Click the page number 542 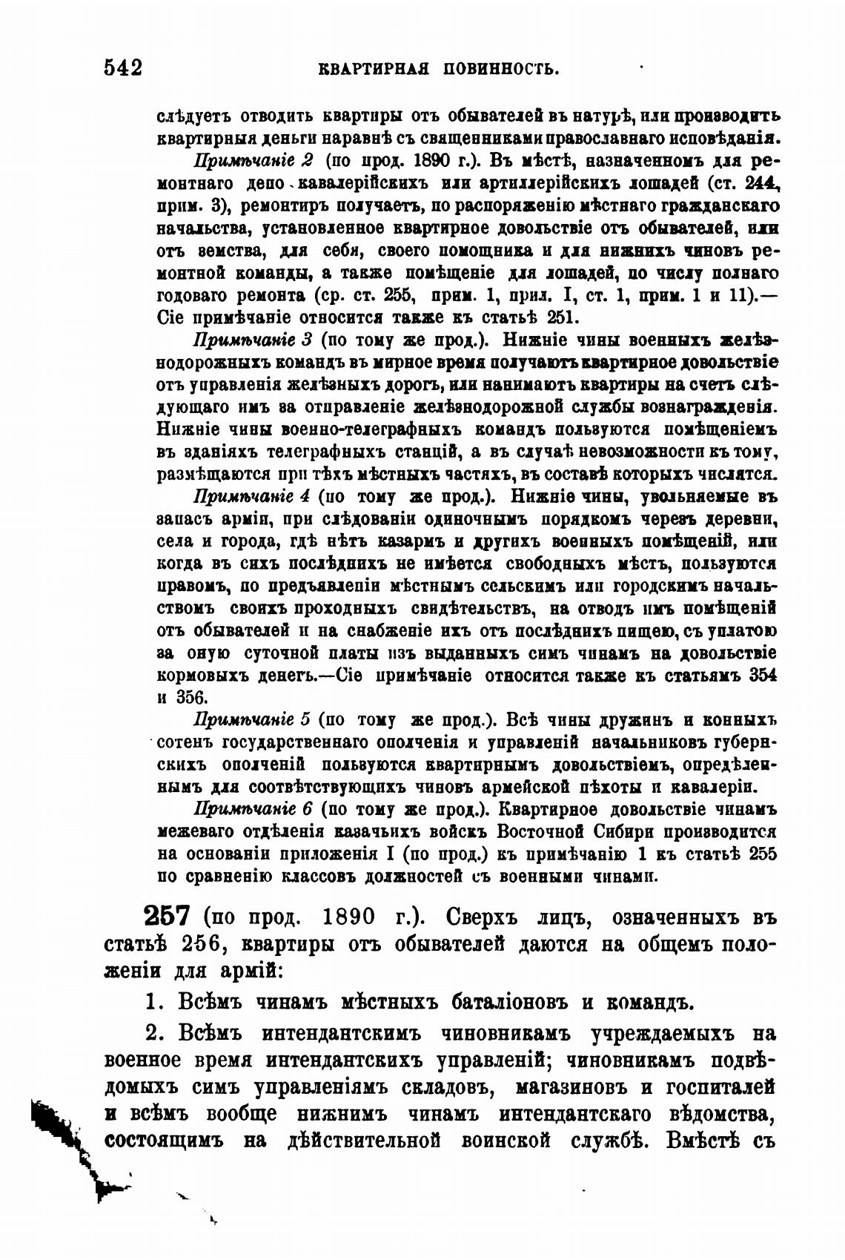click(123, 68)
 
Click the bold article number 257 click(168, 917)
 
